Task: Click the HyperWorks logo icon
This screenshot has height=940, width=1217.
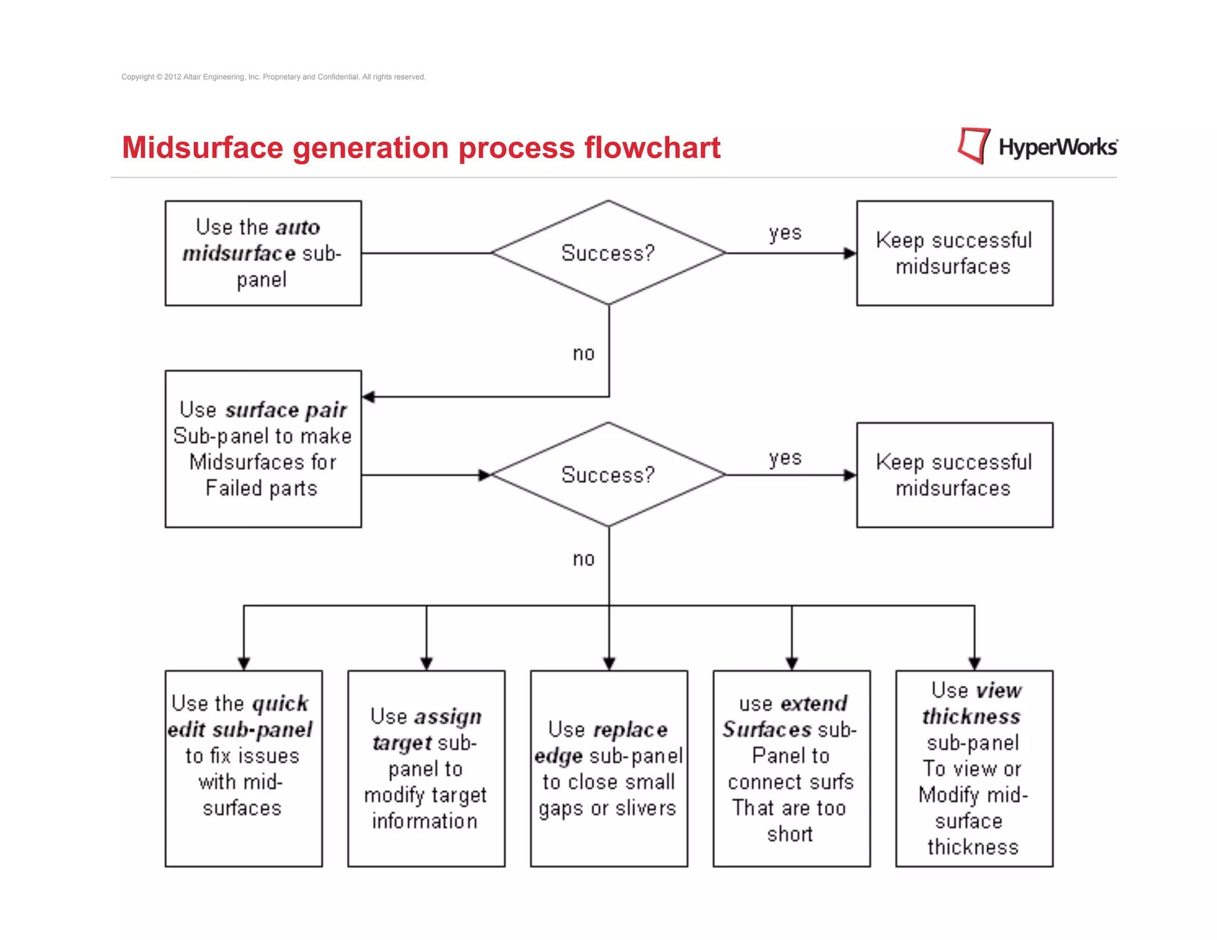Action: click(973, 146)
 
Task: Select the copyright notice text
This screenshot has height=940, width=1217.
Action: click(273, 77)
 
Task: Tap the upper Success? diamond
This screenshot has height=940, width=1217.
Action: click(608, 253)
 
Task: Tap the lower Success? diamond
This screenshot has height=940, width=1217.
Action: click(608, 475)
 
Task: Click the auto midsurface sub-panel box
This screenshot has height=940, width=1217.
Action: click(263, 253)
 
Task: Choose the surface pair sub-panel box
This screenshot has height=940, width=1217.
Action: click(263, 449)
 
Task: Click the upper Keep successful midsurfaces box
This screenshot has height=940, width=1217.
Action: click(954, 253)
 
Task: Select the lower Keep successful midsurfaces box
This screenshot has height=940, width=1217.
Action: click(954, 475)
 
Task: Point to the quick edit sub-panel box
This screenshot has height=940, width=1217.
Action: click(244, 768)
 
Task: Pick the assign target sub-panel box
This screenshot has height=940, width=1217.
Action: click(426, 768)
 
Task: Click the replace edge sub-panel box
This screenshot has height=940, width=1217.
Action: click(608, 768)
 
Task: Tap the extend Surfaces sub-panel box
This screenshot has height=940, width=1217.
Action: click(792, 768)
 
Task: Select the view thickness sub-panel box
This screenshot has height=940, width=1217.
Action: click(974, 768)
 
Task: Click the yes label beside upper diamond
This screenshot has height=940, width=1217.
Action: click(785, 232)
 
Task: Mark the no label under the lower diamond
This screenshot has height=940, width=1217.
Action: click(584, 559)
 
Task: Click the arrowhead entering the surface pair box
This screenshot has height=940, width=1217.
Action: click(368, 397)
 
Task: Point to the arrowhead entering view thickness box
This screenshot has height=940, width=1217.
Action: click(974, 664)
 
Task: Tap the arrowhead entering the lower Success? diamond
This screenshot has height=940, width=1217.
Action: click(485, 475)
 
